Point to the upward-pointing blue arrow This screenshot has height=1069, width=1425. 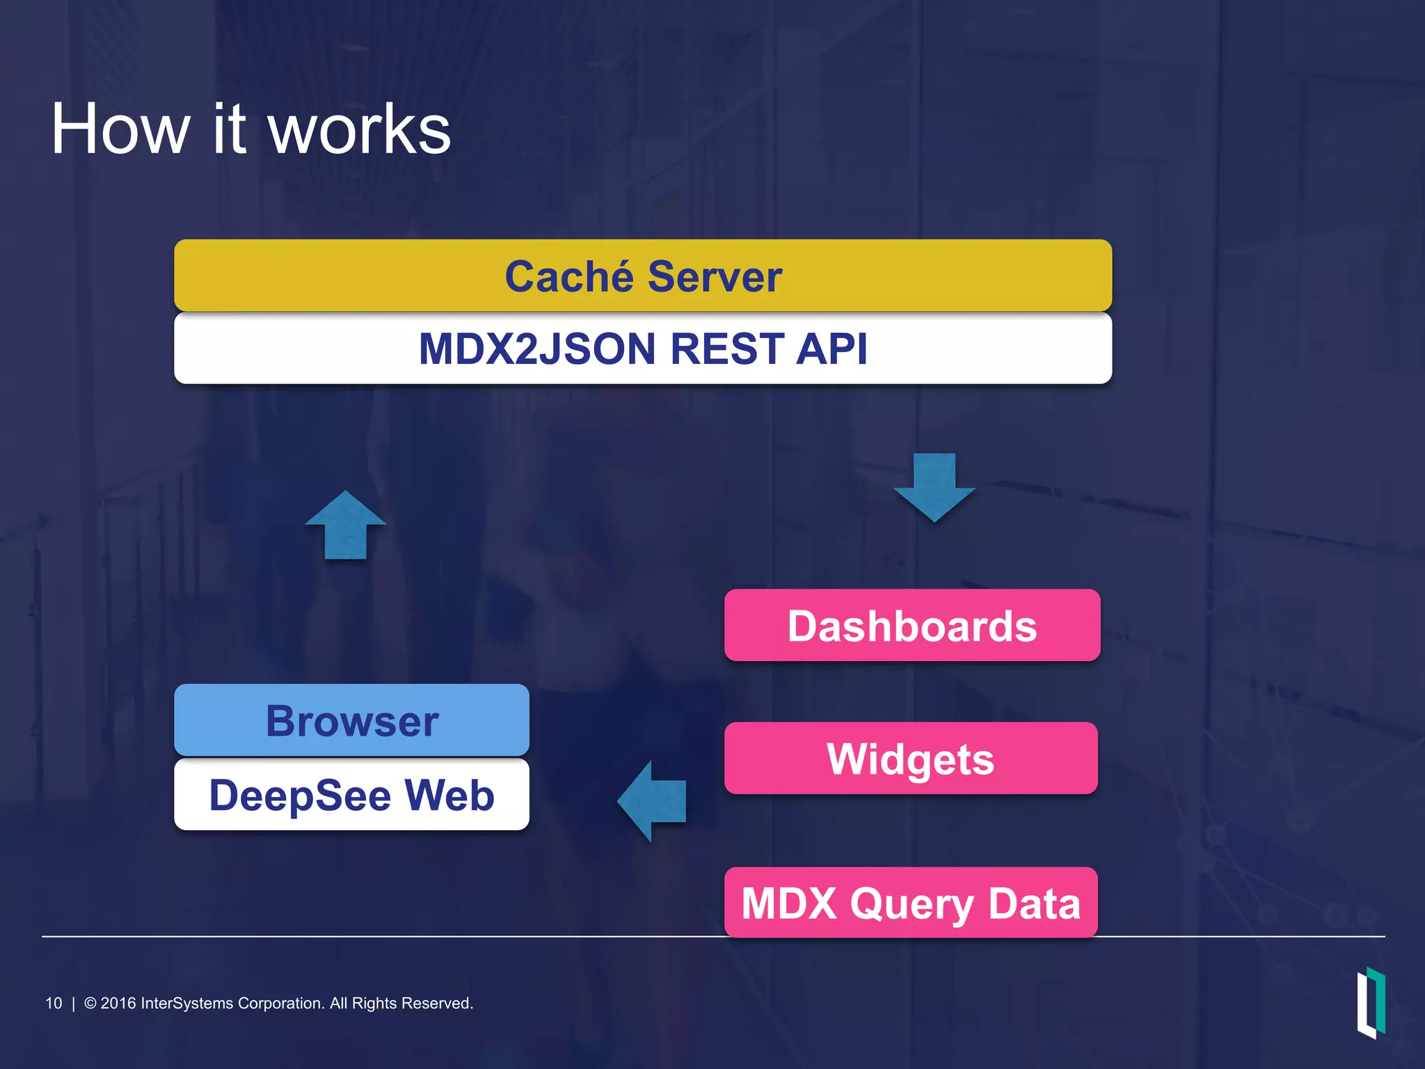(346, 526)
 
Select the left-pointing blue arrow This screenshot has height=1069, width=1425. (653, 801)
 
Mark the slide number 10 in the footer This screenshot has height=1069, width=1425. (54, 1003)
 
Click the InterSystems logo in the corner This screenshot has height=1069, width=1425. (1371, 1002)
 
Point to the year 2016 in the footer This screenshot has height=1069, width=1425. (118, 1003)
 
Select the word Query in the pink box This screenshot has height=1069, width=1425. (912, 903)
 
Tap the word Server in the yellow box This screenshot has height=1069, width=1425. (715, 276)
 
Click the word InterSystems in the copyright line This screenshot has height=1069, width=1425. (186, 1003)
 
